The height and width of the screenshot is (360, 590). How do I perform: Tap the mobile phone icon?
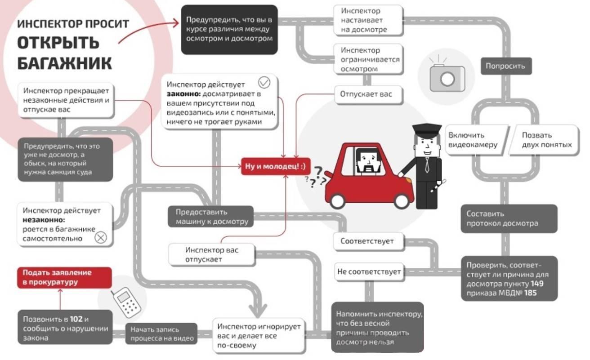pyautogui.click(x=125, y=302)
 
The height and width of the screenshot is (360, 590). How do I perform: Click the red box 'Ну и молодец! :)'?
pyautogui.click(x=276, y=166)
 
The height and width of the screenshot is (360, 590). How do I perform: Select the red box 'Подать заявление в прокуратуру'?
pyautogui.click(x=64, y=277)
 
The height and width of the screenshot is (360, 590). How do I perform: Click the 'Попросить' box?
pyautogui.click(x=505, y=66)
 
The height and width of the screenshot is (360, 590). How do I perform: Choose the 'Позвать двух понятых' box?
pyautogui.click(x=546, y=140)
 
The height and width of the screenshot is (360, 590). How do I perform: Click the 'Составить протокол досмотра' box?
pyautogui.click(x=508, y=218)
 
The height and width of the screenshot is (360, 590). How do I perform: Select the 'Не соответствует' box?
pyautogui.click(x=369, y=272)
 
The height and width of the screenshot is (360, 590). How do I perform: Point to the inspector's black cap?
pyautogui.click(x=426, y=131)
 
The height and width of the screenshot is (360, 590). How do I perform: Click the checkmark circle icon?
pyautogui.click(x=264, y=83)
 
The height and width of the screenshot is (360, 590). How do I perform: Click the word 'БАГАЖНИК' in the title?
pyautogui.click(x=65, y=63)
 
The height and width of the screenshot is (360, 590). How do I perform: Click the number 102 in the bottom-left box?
pyautogui.click(x=76, y=319)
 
